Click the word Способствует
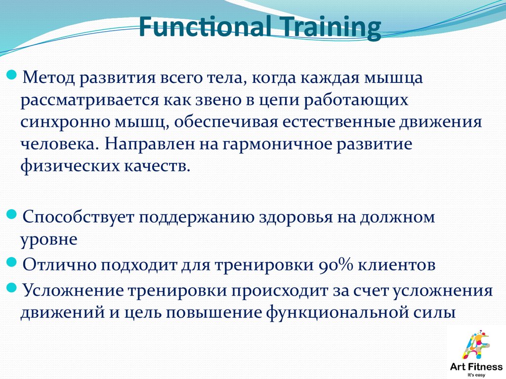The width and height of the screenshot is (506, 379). point(78,217)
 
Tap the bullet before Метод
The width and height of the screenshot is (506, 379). point(12,76)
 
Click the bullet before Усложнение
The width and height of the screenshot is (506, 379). point(12,288)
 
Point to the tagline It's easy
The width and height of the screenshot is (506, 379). point(476,375)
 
